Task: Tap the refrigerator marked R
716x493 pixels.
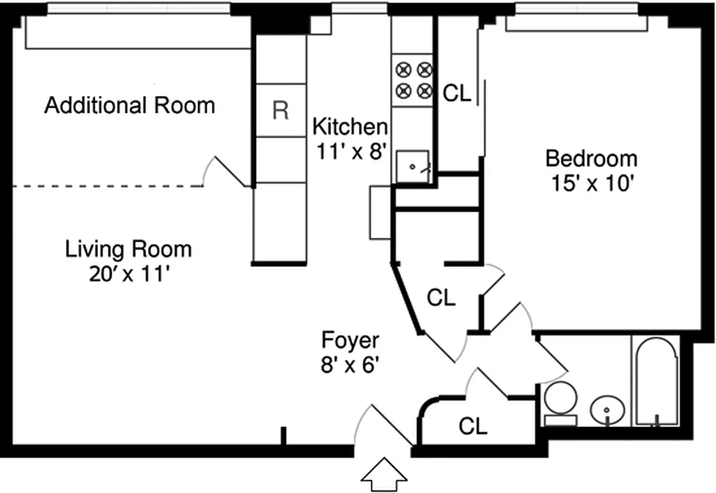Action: [281, 110]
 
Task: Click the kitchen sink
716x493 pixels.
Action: [411, 165]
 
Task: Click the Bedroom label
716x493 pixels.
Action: [591, 159]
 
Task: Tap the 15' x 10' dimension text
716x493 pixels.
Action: [591, 183]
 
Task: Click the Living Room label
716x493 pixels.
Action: [128, 250]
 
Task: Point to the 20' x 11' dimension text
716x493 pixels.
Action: [128, 274]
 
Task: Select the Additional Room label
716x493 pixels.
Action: [130, 105]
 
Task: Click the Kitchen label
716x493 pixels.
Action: [350, 127]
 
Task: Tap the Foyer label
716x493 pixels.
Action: [350, 340]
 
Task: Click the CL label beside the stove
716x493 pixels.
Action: [457, 94]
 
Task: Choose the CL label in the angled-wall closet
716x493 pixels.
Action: [442, 298]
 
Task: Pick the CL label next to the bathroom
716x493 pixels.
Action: [473, 425]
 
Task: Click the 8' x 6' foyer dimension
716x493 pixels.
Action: [349, 365]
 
